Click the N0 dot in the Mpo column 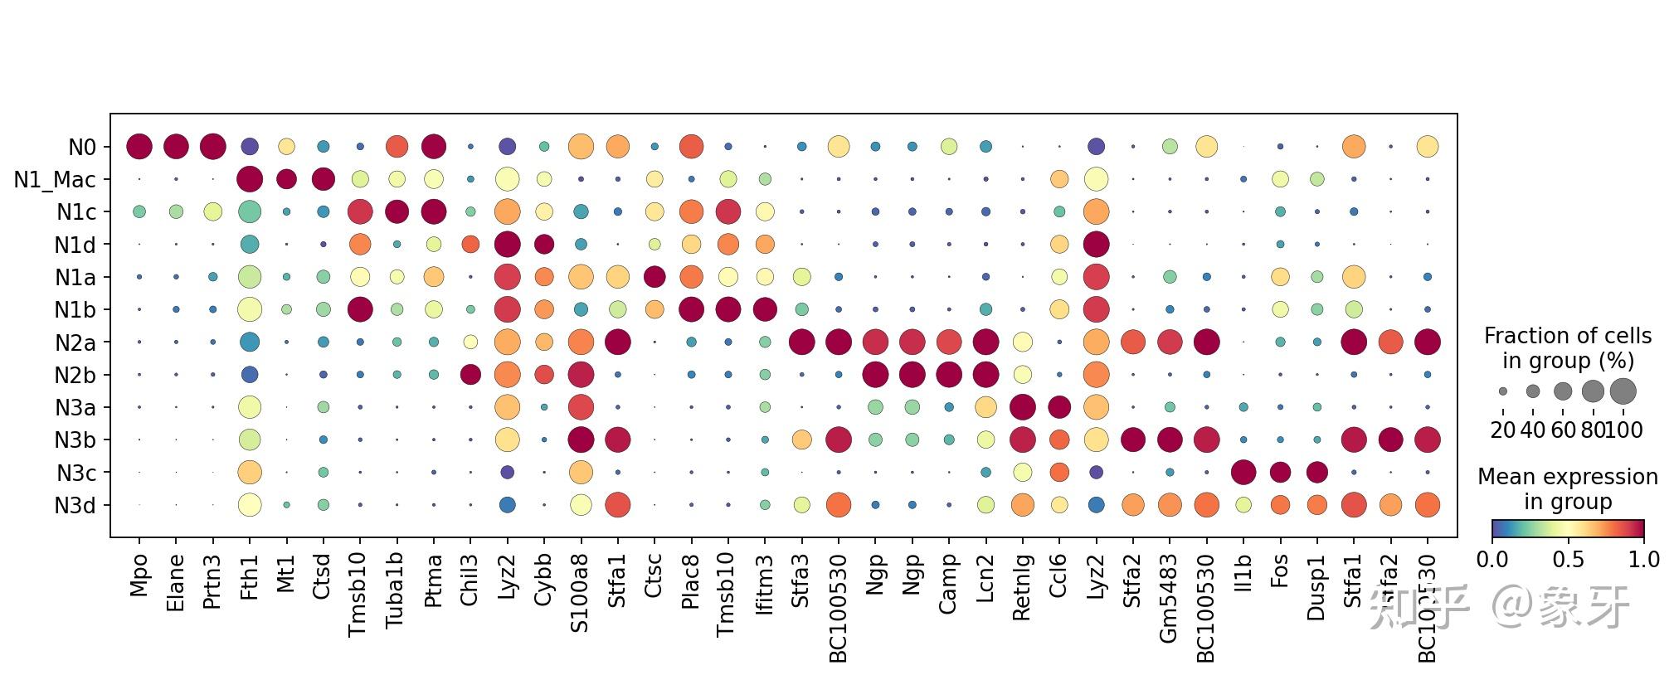139,147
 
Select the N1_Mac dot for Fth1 250,179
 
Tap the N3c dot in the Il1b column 1243,473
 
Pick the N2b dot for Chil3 470,375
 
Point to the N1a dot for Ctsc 655,277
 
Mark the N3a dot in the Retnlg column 1022,407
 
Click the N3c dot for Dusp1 1316,473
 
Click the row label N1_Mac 55,179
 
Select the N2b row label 75,375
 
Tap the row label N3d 75,505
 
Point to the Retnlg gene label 1022,590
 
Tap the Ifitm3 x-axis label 765,585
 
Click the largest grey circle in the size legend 1623,391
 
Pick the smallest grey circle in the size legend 1503,391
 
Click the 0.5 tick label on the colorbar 1568,560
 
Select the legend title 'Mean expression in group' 1568,489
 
